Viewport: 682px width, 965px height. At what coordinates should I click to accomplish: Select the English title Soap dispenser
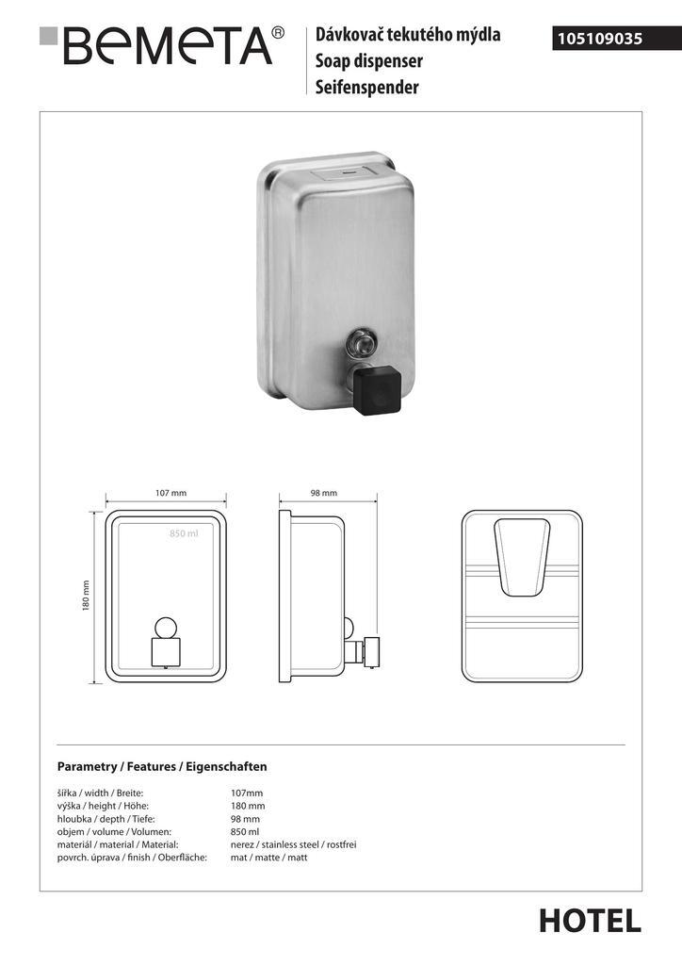[x=368, y=61]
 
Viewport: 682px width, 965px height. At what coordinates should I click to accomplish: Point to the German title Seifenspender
[x=366, y=88]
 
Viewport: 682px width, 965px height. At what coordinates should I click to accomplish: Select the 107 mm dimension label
[x=170, y=493]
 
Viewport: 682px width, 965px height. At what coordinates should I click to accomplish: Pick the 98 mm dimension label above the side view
[x=323, y=493]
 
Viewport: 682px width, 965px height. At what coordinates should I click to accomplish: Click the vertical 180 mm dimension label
[x=87, y=594]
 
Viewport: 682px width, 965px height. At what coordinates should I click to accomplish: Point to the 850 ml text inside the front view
[x=184, y=534]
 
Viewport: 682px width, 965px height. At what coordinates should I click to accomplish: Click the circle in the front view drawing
[x=166, y=627]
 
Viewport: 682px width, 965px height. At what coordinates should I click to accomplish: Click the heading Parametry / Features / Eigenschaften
[x=162, y=767]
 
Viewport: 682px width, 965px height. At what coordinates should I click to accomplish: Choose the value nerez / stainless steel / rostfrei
[x=293, y=845]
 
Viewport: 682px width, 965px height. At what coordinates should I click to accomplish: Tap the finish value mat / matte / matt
[x=268, y=858]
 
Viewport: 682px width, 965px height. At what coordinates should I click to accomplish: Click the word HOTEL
[x=590, y=921]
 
